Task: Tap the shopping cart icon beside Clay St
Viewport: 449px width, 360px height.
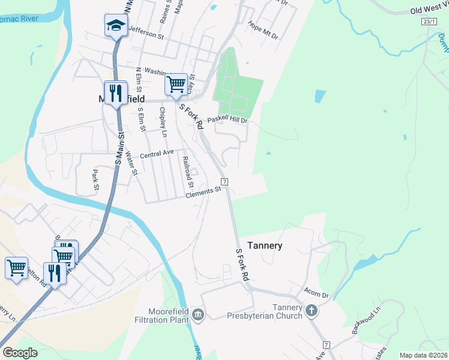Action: [176, 83]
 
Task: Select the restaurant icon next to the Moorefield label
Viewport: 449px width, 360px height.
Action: [116, 93]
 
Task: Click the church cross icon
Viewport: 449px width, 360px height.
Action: [311, 310]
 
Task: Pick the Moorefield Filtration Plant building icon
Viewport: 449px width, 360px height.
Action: [199, 314]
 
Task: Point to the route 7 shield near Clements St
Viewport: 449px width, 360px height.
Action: [224, 181]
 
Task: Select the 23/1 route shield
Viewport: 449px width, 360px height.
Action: [429, 21]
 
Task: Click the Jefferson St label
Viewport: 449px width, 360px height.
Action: [146, 35]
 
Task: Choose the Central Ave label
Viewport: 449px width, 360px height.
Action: [157, 154]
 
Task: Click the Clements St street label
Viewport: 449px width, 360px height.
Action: [203, 192]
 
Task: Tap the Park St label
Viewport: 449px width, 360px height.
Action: [95, 179]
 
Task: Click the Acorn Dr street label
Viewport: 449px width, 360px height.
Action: [317, 295]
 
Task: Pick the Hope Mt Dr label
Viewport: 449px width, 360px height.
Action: [264, 31]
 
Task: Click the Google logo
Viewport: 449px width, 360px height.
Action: [20, 353]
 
